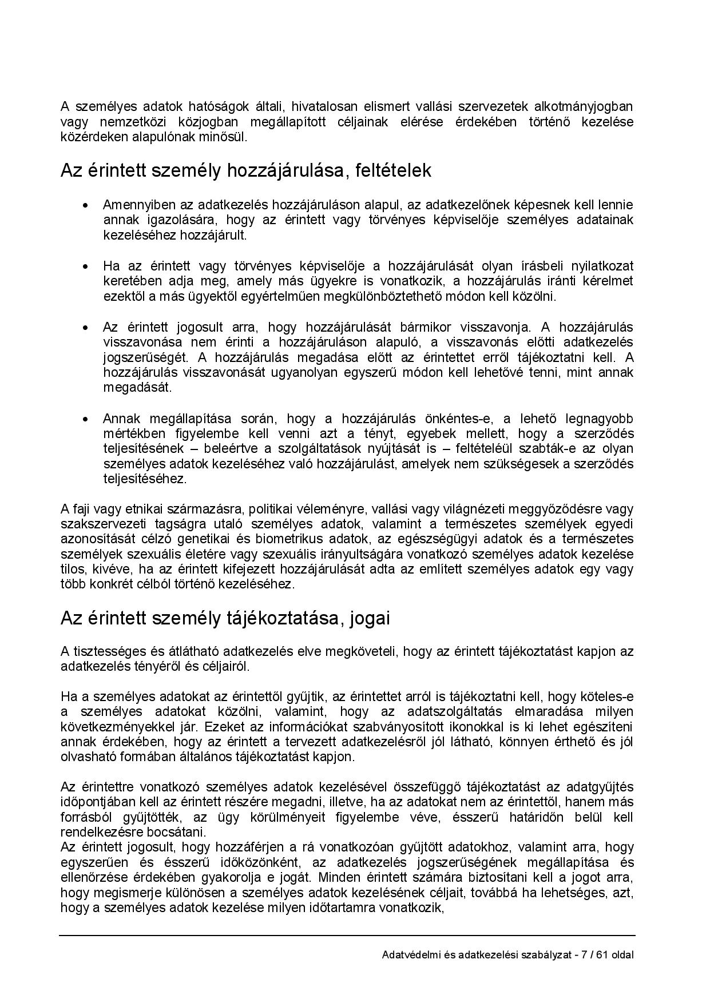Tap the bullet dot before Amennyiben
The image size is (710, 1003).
click(86, 205)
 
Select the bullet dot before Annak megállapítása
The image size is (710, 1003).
click(86, 419)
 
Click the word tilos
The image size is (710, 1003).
click(72, 569)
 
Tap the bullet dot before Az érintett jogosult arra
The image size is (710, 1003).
click(86, 328)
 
